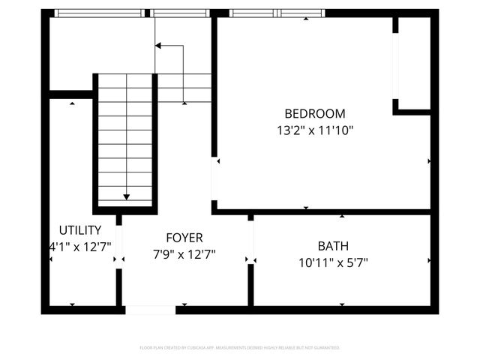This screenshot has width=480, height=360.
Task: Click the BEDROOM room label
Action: [x=315, y=114]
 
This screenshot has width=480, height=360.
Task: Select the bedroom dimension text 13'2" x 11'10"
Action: [x=315, y=130]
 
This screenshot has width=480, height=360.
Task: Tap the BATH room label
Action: [x=333, y=246]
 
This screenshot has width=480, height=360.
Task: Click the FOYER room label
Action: [x=184, y=238]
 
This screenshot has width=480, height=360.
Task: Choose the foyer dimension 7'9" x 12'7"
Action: [x=184, y=254]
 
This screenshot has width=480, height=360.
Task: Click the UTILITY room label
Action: [x=79, y=229]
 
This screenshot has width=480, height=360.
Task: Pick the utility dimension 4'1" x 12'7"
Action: [x=81, y=245]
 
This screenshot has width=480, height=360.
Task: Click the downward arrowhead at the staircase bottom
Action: [x=126, y=197]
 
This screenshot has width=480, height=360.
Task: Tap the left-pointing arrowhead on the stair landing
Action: [x=158, y=46]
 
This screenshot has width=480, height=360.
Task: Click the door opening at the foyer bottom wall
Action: [x=149, y=309]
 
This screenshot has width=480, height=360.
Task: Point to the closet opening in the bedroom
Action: [x=395, y=66]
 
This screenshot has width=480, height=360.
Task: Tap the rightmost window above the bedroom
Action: [x=301, y=13]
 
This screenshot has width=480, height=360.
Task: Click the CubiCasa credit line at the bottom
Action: [x=240, y=348]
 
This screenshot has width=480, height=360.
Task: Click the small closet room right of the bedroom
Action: [x=414, y=64]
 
